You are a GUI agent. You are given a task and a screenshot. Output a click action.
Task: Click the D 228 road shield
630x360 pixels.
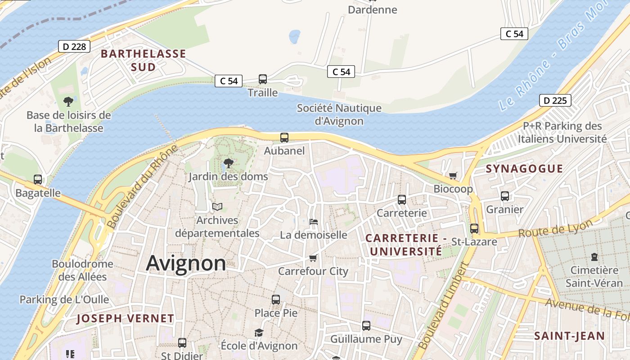pos(74,46)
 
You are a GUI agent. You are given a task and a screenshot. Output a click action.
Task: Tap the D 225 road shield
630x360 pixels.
pos(555,100)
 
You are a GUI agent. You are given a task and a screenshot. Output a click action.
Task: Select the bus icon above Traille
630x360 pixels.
pos(263,79)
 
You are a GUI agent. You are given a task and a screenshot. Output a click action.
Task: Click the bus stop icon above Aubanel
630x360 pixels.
pos(284,138)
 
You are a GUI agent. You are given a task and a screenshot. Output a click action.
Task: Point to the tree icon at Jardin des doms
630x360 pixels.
pos(229,163)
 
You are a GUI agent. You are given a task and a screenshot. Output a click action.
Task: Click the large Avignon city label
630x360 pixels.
pos(186,263)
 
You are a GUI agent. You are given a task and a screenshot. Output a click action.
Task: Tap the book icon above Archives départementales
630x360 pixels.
pos(217,207)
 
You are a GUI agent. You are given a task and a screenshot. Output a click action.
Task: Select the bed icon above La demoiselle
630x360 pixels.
pos(314,221)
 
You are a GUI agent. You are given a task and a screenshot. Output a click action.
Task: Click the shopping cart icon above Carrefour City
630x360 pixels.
pos(313,258)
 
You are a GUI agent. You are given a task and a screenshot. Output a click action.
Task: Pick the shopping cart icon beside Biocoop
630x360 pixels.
pos(453,175)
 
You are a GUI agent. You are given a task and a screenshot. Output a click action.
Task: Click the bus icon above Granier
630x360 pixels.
pos(505,196)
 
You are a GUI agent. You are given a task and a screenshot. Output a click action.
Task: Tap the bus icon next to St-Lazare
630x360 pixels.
pos(474,228)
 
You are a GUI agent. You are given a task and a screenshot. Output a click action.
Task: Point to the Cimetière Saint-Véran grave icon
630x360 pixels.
pos(594,257)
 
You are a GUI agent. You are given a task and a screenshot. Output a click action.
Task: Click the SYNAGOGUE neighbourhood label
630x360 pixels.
pos(524,169)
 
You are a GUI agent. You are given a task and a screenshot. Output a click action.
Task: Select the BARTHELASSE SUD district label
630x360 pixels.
pos(143,60)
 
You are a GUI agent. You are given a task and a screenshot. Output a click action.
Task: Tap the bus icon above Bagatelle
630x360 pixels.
pos(38,180)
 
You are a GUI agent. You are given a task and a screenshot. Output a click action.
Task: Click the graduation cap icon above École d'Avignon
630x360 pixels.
pos(259,333)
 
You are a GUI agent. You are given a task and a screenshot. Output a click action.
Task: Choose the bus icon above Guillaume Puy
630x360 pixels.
pos(366,325)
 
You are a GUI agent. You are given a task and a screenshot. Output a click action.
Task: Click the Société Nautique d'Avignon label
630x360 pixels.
pos(339,114)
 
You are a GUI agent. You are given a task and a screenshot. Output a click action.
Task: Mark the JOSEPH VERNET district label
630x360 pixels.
pos(125,319)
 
